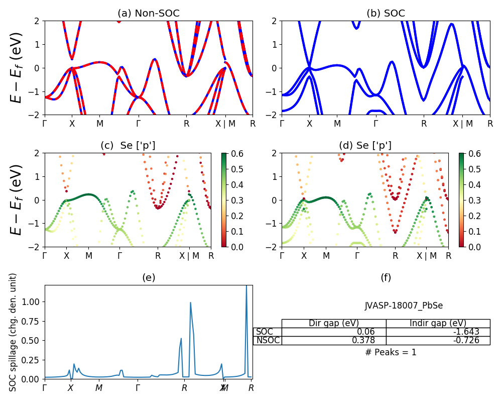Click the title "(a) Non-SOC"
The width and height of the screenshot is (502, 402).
[149, 14]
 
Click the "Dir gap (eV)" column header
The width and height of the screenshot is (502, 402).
[334, 323]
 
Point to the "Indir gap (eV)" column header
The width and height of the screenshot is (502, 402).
[438, 323]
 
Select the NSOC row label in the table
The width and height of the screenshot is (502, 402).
[268, 340]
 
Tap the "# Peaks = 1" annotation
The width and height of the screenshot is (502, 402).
[391, 352]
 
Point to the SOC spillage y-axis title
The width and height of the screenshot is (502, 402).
[14, 332]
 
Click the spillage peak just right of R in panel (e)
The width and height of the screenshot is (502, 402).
[190, 303]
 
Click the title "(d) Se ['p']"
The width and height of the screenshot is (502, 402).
[365, 146]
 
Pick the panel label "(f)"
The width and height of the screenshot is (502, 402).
[386, 277]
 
